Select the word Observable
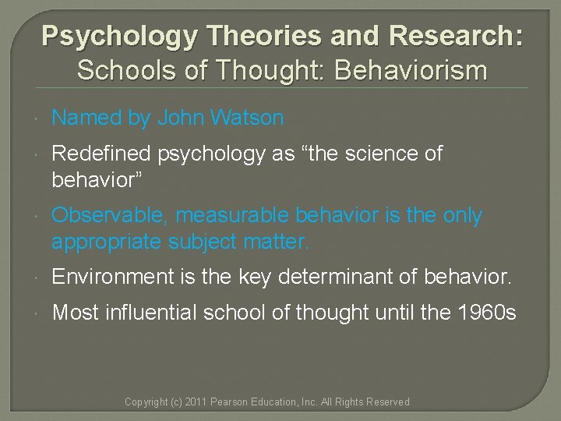104,215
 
